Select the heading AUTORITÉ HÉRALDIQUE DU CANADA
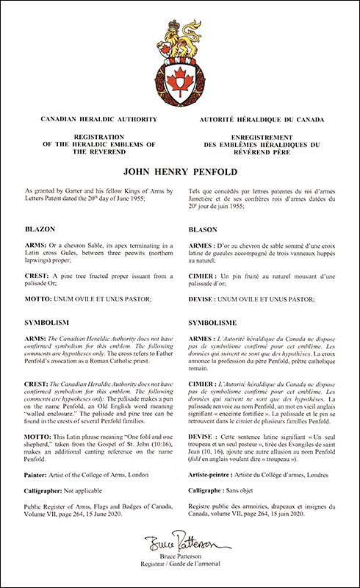pyautogui.click(x=267, y=118)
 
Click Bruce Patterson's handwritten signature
pyautogui.click(x=179, y=545)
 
